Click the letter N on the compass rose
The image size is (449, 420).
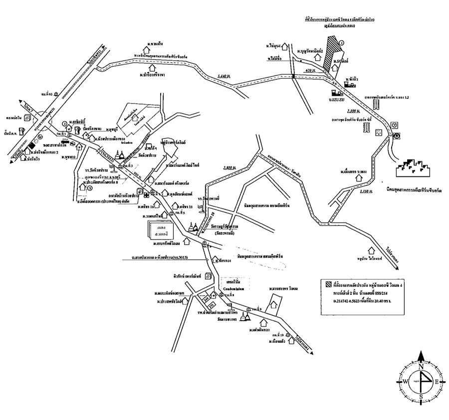tap(421, 367)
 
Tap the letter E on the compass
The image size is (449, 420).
tap(437, 382)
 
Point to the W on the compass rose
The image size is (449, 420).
tap(406, 382)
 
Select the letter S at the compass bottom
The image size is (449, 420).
tap(421, 397)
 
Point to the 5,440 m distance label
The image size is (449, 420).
tap(224, 76)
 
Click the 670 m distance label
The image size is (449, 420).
tap(310, 71)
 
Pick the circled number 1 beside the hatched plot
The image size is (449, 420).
tap(342, 43)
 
